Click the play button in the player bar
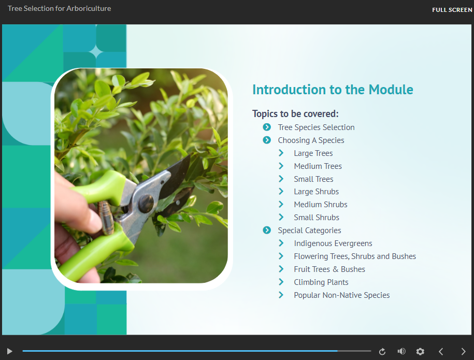(x=9, y=351)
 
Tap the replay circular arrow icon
(x=382, y=352)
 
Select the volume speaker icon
(x=401, y=351)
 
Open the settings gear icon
(x=420, y=351)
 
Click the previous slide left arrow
(x=441, y=351)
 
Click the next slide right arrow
(x=463, y=351)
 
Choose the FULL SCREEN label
(x=452, y=10)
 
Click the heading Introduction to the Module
(x=333, y=90)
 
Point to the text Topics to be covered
(x=295, y=114)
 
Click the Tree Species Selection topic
(x=316, y=127)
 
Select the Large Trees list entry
(x=313, y=153)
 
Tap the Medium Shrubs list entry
(x=320, y=205)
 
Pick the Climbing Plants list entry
(x=321, y=282)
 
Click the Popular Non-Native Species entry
(x=341, y=295)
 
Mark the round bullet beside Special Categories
(x=267, y=231)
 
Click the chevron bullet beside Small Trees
(x=281, y=179)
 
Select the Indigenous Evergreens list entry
(x=333, y=243)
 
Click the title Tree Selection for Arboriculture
(x=59, y=9)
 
